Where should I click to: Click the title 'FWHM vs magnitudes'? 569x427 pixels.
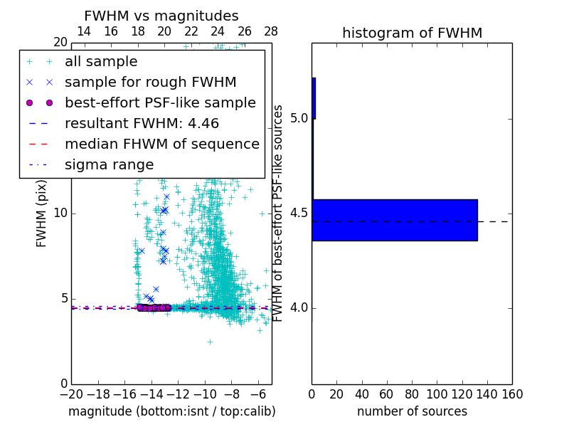click(x=161, y=16)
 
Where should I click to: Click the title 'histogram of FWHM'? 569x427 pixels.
click(x=412, y=33)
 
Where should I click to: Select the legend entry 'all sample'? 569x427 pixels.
click(x=101, y=62)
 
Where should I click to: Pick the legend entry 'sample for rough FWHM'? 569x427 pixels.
click(x=150, y=82)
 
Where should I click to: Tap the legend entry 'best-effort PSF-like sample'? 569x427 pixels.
click(x=160, y=102)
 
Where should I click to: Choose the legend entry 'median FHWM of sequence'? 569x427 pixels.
click(x=161, y=144)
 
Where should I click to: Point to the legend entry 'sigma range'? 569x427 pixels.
click(x=109, y=164)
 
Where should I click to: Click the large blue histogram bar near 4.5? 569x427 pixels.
click(x=394, y=220)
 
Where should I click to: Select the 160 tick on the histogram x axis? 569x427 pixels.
click(x=512, y=394)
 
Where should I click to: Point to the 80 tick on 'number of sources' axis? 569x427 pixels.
click(x=412, y=394)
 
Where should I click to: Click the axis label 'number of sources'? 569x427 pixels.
click(x=412, y=411)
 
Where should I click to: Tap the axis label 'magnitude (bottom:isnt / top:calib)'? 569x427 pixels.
click(x=171, y=411)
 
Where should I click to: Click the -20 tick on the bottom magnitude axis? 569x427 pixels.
click(x=71, y=394)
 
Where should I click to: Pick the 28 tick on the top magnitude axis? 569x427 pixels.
click(x=271, y=31)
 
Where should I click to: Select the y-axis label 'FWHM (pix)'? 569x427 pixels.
click(x=42, y=213)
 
